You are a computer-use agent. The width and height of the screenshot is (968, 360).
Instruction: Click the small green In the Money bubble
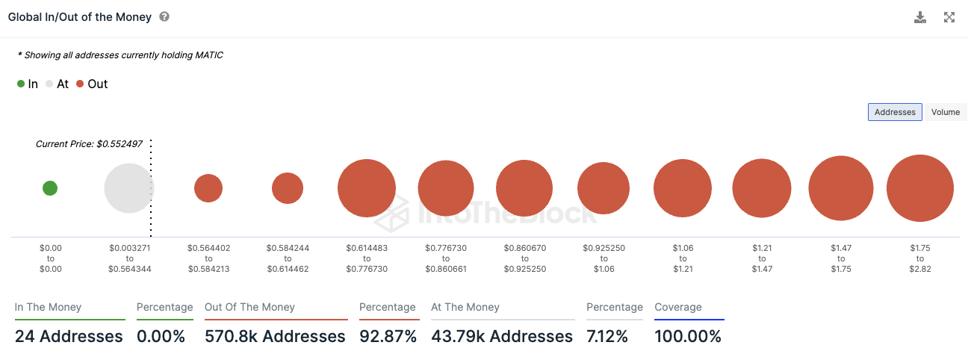coord(50,188)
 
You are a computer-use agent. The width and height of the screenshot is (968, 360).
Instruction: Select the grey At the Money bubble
coord(128,188)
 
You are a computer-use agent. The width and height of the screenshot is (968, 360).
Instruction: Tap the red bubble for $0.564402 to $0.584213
coord(208,188)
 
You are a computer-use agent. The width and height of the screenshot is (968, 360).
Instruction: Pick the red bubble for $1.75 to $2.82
coord(920,188)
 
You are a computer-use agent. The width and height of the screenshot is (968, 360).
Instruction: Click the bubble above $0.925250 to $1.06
coord(604,188)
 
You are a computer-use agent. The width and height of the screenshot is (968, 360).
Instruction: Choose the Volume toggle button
coord(945,112)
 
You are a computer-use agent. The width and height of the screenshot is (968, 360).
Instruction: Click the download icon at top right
coord(920,17)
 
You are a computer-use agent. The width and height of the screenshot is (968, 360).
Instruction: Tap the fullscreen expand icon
coord(949,17)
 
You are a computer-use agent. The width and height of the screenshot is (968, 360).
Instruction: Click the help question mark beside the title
coord(164,16)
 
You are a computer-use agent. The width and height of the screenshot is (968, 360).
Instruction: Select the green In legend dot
coord(21,84)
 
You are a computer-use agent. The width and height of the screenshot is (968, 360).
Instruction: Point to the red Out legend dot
coord(80,84)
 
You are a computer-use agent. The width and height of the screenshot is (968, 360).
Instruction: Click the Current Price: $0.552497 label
coord(89,143)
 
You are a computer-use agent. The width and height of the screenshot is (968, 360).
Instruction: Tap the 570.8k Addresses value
coord(275,336)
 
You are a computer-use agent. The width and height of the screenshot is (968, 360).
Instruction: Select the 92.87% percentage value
coord(388,336)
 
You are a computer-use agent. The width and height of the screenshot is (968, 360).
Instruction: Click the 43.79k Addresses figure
coord(502,336)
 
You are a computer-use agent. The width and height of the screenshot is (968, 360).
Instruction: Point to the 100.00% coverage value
coord(688,336)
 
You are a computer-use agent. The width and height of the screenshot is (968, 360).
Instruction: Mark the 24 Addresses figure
coord(69,336)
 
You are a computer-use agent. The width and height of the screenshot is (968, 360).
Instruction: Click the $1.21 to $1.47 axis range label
coord(762,258)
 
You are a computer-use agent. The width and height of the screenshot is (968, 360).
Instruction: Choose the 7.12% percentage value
coord(608,336)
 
